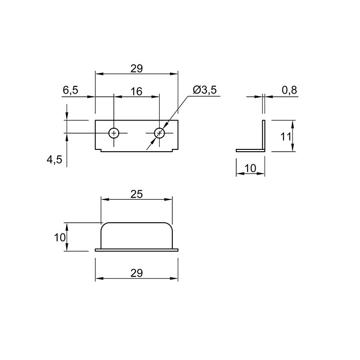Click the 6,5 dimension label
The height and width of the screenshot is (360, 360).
pos(71,90)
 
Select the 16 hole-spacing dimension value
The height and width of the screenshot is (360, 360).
pos(136,91)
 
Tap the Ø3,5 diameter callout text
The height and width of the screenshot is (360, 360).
pos(205,90)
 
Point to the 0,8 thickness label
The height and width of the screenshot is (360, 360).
pos(289,90)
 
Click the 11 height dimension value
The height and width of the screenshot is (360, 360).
pos(286,137)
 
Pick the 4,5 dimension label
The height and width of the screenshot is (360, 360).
pos(54,160)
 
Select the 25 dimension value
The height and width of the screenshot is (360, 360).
pos(137,194)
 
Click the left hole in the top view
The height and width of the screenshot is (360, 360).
pos(114,133)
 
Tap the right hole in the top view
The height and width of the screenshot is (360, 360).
pos(159,133)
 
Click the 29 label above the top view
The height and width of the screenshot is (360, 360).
pos(137,69)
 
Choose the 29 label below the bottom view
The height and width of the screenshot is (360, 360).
pos(137,273)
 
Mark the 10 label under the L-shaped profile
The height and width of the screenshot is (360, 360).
pos(250,168)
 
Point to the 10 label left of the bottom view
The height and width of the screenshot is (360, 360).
pos(60,237)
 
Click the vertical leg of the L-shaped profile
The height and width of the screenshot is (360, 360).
pos(264,135)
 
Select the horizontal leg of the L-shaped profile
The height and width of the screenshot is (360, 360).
pos(251,150)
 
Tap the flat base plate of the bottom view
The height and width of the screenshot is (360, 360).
pos(137,250)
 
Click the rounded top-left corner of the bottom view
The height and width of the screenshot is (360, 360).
pos(103,225)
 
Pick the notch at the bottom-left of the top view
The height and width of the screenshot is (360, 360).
pos(99,150)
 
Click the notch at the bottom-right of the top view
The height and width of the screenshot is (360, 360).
pos(175,150)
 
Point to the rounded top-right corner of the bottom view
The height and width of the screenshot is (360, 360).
pos(170,225)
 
